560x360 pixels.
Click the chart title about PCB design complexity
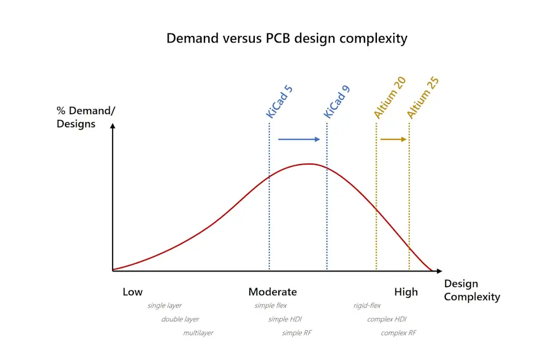pos(287,39)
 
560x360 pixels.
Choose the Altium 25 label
pos(423,97)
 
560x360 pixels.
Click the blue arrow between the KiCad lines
pos(299,139)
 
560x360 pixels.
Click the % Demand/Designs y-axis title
pos(86,116)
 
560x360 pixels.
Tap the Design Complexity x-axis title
pos(472,290)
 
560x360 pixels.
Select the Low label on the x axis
pos(133,292)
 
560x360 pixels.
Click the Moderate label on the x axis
pos(273,292)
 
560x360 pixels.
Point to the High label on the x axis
pos(406,292)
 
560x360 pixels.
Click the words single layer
pos(165,306)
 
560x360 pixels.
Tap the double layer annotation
pos(180,319)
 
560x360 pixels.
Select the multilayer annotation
pos(198,333)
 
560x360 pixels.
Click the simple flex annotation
pos(270,306)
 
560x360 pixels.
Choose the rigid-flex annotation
pos(367,306)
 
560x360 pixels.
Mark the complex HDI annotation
pos(387,319)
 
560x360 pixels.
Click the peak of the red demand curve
pos(310,163)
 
